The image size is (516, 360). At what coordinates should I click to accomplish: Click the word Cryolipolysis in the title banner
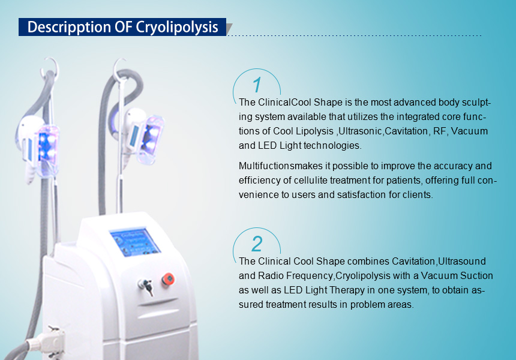[x=177, y=28]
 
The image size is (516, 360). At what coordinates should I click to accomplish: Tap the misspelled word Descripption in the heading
[x=69, y=28]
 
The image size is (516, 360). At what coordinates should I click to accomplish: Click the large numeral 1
[x=257, y=85]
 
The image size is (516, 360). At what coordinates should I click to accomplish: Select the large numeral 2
[x=257, y=244]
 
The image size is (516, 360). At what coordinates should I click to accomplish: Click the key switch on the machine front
[x=146, y=287]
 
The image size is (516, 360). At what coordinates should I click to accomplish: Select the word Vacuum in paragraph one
[x=469, y=131]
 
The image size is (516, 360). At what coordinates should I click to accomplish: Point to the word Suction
[x=476, y=275]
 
